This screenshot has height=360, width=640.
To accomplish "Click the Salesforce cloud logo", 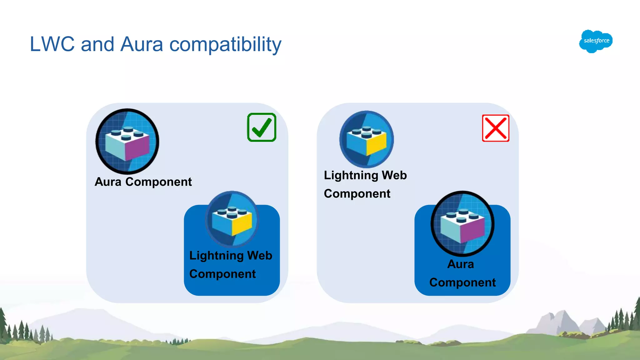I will click(x=596, y=41).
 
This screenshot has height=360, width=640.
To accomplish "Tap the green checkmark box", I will click(x=262, y=127).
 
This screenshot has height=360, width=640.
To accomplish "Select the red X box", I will click(x=495, y=128).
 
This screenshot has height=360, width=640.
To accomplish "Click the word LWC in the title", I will click(x=52, y=44).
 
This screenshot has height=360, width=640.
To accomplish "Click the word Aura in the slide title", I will click(x=142, y=44).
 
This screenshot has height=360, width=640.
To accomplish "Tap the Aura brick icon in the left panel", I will click(x=127, y=141).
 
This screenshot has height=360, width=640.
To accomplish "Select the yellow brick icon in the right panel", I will click(x=367, y=139).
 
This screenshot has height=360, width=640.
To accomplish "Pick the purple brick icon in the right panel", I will click(x=462, y=224).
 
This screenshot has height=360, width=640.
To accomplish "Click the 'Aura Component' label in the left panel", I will click(x=143, y=182).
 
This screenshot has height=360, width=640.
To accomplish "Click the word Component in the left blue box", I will click(x=222, y=274).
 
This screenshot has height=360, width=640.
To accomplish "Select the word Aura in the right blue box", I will click(x=461, y=264).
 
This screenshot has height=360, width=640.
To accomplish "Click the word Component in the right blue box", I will click(x=462, y=282).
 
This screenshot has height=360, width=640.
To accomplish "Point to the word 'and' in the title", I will click(x=97, y=44).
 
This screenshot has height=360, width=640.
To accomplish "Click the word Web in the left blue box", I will click(x=260, y=256).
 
